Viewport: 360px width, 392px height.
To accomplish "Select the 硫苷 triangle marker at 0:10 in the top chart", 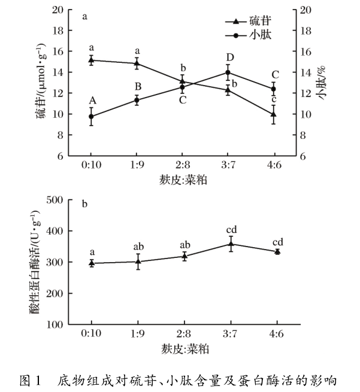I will point(92,60).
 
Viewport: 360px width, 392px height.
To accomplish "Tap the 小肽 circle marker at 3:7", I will point(228,72).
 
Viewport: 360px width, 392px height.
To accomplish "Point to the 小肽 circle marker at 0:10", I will point(92,117).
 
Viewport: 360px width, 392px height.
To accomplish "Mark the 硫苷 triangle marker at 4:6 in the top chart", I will point(274,114).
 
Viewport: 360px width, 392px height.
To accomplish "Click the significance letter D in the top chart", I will point(229,57).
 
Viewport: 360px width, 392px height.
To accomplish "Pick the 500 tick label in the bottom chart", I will point(56,200).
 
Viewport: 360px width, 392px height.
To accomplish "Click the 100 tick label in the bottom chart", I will point(56,325).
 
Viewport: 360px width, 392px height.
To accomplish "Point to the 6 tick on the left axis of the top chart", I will point(60,156).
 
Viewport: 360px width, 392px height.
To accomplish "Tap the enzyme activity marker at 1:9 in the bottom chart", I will point(137,262).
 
